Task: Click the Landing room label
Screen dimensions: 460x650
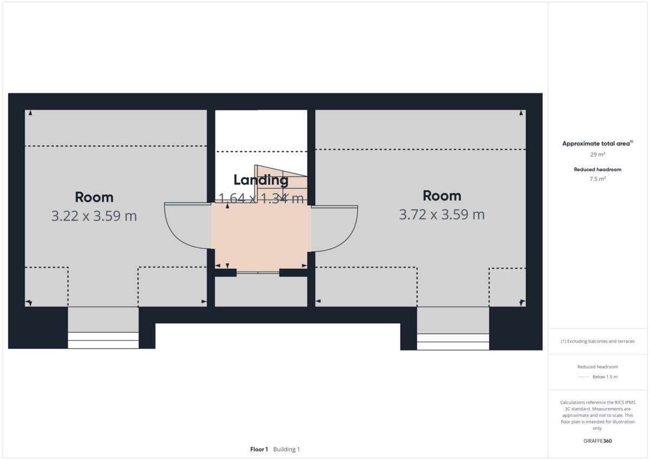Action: (x=261, y=180)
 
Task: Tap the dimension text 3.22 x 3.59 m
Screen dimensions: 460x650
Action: (x=94, y=216)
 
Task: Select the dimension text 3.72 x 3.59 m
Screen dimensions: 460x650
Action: (x=441, y=215)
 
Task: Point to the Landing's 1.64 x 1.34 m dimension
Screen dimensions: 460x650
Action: (x=261, y=198)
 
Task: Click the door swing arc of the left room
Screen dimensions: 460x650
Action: (x=184, y=228)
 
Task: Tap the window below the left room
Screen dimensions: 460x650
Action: (x=103, y=340)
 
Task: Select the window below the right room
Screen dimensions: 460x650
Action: (x=453, y=342)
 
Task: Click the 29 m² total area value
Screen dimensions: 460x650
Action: (x=597, y=154)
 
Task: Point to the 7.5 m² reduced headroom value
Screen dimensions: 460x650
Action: (x=597, y=178)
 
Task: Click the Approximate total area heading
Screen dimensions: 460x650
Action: (x=597, y=144)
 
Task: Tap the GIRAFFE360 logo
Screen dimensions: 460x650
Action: (x=597, y=441)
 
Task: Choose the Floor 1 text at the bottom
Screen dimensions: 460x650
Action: (x=259, y=449)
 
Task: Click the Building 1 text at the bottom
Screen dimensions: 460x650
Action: (x=287, y=449)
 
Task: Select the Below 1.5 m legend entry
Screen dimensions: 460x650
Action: (x=604, y=377)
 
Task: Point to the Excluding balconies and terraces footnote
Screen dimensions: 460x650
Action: (x=597, y=341)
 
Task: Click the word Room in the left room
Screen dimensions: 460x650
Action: (x=94, y=197)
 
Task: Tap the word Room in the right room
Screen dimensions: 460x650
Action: (x=441, y=195)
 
